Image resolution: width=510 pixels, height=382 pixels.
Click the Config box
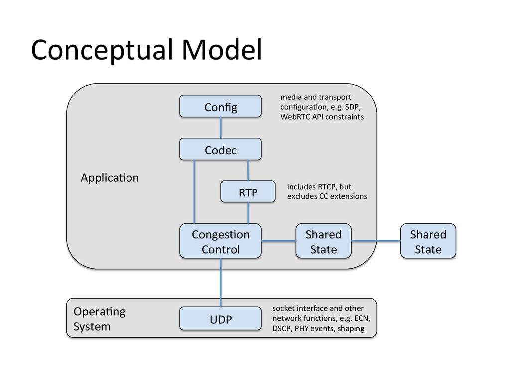[221, 106]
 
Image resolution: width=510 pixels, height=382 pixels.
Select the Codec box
[221, 149]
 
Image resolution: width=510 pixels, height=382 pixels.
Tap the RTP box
[248, 191]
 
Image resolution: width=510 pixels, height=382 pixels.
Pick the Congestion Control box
[221, 241]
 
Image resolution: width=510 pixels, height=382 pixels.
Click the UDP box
[221, 319]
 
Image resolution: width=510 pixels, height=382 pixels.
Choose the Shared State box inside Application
[324, 241]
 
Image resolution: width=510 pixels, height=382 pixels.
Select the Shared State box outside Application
[428, 241]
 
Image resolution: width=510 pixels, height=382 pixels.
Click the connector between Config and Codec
[221, 128]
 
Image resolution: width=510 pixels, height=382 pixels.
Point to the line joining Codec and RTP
[248, 170]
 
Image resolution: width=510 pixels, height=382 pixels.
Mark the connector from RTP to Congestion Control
[248, 213]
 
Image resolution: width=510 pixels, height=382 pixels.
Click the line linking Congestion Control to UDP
[221, 283]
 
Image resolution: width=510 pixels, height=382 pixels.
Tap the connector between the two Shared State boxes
[376, 241]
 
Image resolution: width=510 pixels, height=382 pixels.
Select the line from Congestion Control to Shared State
[279, 241]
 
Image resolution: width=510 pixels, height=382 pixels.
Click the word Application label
[110, 178]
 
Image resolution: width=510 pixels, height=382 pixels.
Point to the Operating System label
[99, 319]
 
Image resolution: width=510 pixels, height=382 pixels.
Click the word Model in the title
[222, 50]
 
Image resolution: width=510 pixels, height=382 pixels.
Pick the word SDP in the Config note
[352, 107]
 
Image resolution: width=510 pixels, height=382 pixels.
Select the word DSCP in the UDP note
[282, 328]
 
